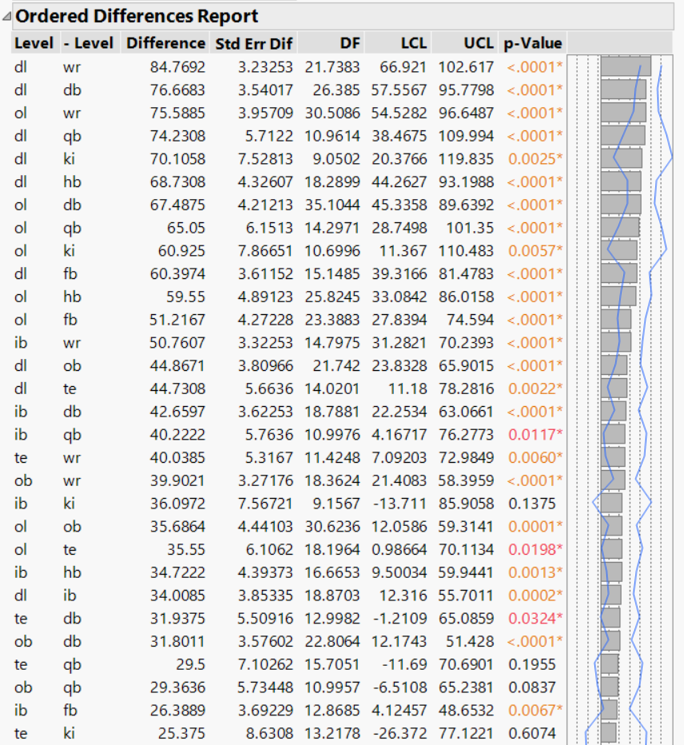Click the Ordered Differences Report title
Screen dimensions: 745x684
(x=136, y=15)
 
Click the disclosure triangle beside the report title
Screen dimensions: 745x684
(x=7, y=16)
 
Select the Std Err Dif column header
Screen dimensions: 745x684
(x=253, y=43)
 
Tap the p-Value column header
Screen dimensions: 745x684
(x=533, y=43)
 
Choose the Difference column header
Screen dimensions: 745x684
(x=165, y=43)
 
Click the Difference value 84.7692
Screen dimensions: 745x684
(x=177, y=66)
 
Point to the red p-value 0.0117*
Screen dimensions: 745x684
(x=535, y=434)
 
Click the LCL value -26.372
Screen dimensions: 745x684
(x=408, y=733)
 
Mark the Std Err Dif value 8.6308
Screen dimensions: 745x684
(x=267, y=733)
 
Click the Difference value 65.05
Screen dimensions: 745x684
(x=185, y=228)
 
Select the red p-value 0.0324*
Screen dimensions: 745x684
(x=535, y=618)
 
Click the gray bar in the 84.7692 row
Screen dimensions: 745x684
(x=626, y=66)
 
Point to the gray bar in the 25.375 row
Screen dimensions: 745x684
(x=609, y=733)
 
